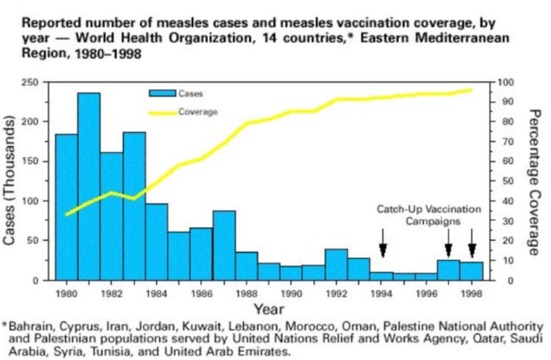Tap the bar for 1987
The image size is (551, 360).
pyautogui.click(x=224, y=245)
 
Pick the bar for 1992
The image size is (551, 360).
pyautogui.click(x=336, y=264)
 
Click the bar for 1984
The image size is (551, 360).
pyautogui.click(x=156, y=242)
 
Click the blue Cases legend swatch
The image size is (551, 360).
pyautogui.click(x=162, y=93)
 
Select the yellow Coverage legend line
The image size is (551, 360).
pyautogui.click(x=162, y=112)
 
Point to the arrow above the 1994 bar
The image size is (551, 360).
pyautogui.click(x=382, y=242)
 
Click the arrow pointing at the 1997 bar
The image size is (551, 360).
pyautogui.click(x=449, y=242)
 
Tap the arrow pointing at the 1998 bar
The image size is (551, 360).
pyautogui.click(x=472, y=242)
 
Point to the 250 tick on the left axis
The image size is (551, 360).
pyautogui.click(x=35, y=82)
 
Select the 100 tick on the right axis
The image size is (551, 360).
pyautogui.click(x=508, y=82)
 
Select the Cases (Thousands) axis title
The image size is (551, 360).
pyautogui.click(x=12, y=181)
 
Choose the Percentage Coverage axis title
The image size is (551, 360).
pyautogui.click(x=535, y=181)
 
